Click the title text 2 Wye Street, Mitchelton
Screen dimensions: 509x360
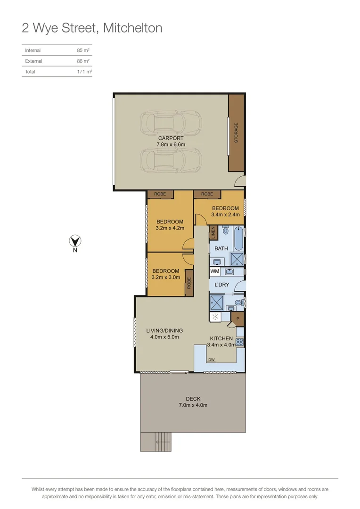tap(92, 28)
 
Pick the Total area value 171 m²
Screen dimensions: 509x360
tap(84, 72)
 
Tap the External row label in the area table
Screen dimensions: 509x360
tap(33, 61)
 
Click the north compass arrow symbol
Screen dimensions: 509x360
tap(74, 241)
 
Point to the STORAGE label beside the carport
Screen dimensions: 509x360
tap(236, 132)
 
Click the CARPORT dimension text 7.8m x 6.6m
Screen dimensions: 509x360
tap(171, 145)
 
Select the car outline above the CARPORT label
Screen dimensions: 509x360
tap(171, 123)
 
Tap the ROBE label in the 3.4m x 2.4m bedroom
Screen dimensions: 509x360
tap(206, 194)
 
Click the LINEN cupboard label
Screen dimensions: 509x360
tap(213, 232)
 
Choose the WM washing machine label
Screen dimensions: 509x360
tap(215, 271)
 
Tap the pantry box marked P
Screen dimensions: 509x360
tap(238, 319)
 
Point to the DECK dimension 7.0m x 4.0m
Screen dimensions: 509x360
tap(193, 405)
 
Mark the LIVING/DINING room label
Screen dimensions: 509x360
tap(164, 330)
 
